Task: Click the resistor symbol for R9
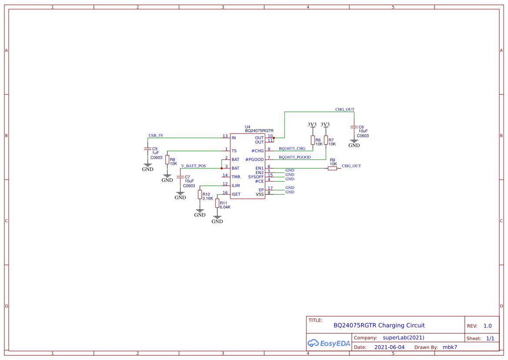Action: click(x=332, y=168)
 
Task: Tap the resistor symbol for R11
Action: click(x=217, y=203)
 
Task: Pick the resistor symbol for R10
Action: click(x=200, y=194)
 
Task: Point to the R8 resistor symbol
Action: click(x=167, y=160)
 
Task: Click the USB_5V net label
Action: click(x=156, y=135)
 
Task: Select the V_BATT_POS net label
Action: click(x=193, y=166)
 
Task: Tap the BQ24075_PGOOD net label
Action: click(x=295, y=157)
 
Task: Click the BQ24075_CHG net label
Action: click(x=292, y=148)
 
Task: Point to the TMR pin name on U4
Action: click(x=236, y=177)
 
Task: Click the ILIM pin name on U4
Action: click(x=236, y=186)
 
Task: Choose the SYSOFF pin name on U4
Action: click(x=256, y=177)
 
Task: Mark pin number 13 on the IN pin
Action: click(x=225, y=136)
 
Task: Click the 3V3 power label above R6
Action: click(x=312, y=124)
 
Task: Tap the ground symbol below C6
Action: click(x=354, y=143)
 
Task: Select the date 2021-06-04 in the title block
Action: click(x=389, y=347)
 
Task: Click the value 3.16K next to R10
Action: click(x=208, y=198)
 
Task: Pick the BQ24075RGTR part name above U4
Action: click(x=259, y=130)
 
